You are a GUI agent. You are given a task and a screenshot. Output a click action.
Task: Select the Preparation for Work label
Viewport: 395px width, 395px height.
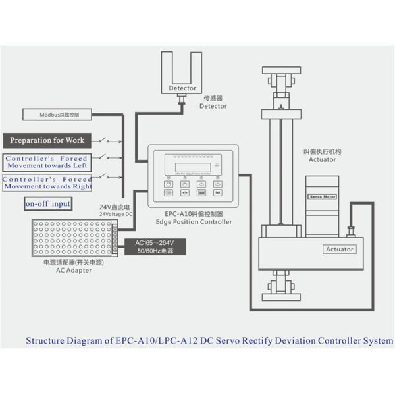click(47, 140)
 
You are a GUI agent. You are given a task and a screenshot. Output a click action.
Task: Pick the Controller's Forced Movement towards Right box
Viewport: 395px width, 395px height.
click(47, 182)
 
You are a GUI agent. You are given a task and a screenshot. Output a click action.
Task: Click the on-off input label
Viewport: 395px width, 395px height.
click(47, 204)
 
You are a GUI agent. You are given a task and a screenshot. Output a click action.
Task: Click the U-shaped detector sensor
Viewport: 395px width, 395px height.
click(182, 76)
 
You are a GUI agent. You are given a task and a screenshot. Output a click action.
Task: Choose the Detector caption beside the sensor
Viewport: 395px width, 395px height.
click(213, 106)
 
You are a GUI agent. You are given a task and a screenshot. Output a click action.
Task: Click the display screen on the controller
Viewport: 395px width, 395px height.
click(188, 167)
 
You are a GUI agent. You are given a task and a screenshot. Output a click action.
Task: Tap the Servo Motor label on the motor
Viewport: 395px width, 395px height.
click(323, 196)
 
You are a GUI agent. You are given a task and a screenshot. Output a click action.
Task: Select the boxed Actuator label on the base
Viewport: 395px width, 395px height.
click(340, 249)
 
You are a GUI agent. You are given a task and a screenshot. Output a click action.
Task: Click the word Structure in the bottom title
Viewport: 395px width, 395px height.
click(48, 341)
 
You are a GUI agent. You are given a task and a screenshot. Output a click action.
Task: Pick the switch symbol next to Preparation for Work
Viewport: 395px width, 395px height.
click(108, 140)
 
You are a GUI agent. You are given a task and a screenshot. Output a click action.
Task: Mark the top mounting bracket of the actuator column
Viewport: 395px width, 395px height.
click(282, 70)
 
